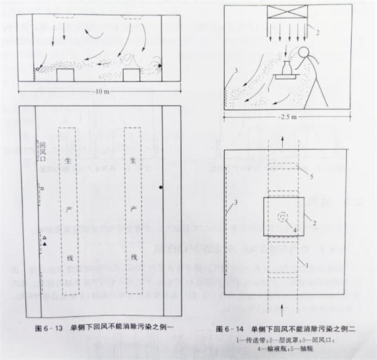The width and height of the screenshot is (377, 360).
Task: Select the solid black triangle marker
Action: [x=45, y=243]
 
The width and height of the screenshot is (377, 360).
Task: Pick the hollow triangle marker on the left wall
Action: [x=45, y=236]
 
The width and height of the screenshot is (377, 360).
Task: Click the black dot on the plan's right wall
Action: [x=161, y=187]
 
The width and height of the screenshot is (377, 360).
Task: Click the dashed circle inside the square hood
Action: [x=284, y=215]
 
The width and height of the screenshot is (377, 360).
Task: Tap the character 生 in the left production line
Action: [x=68, y=160]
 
